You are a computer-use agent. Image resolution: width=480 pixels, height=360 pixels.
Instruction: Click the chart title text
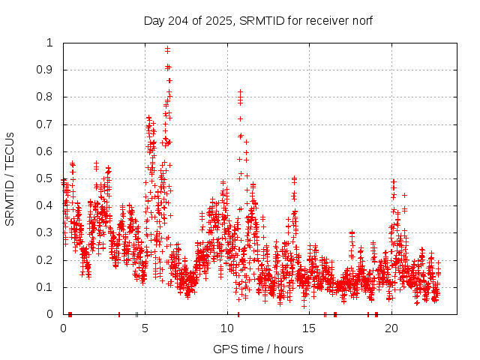pyautogui.click(x=258, y=20)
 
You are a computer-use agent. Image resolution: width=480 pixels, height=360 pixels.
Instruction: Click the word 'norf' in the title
pyautogui.click(x=360, y=20)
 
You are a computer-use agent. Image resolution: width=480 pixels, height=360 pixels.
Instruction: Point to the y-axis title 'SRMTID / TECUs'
pyautogui.click(x=10, y=178)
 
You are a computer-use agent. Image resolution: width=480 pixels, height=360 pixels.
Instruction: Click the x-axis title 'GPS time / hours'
pyautogui.click(x=258, y=349)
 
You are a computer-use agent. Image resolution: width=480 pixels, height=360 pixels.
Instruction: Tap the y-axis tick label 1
pyautogui.click(x=50, y=43)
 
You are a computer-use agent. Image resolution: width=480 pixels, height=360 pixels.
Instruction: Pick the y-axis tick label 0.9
pyautogui.click(x=46, y=70)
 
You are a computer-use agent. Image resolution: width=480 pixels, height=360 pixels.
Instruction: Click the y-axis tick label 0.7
pyautogui.click(x=46, y=124)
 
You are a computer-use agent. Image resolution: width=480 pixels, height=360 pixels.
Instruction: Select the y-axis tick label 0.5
pyautogui.click(x=46, y=178)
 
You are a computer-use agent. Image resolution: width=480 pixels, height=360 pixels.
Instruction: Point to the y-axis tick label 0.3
pyautogui.click(x=46, y=232)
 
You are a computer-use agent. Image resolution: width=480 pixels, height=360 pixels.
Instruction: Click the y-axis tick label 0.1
pyautogui.click(x=46, y=287)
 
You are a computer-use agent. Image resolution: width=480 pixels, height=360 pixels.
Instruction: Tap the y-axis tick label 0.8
pyautogui.click(x=46, y=97)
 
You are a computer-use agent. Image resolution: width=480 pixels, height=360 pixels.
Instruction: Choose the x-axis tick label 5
pyautogui.click(x=145, y=328)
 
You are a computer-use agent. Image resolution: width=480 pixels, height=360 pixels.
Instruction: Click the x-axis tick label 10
pyautogui.click(x=227, y=328)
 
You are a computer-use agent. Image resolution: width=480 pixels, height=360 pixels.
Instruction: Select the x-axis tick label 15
pyautogui.click(x=309, y=328)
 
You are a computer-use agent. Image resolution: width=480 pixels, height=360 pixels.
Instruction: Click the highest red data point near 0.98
pyautogui.click(x=167, y=49)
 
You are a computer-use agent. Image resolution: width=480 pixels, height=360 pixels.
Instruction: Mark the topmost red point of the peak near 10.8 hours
pyautogui.click(x=240, y=91)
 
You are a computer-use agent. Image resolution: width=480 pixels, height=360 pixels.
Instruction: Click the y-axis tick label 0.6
pyautogui.click(x=46, y=151)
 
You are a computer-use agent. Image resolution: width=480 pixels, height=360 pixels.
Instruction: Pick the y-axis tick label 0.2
pyautogui.click(x=46, y=260)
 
